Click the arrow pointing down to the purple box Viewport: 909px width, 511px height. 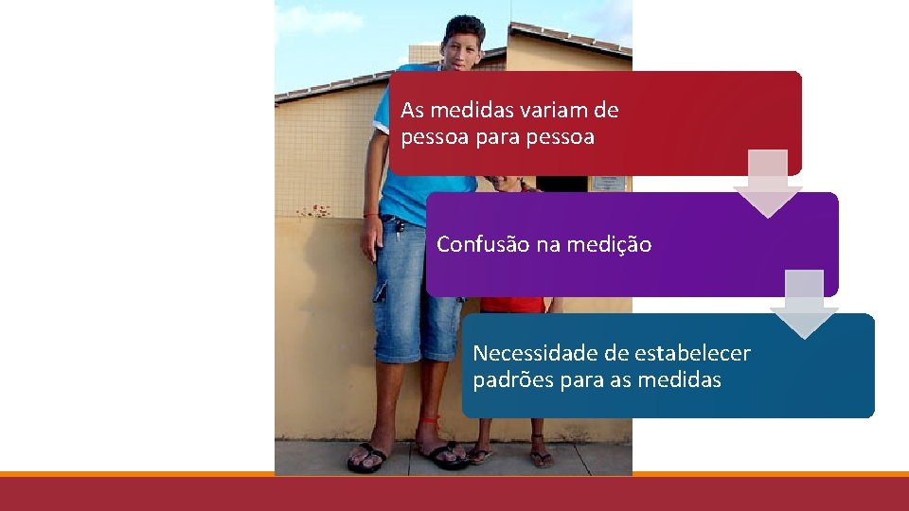tap(767, 184)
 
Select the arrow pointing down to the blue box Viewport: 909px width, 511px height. tap(804, 305)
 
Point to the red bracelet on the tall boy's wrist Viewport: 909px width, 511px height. tap(370, 215)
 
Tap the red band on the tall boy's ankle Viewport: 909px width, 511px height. tap(430, 419)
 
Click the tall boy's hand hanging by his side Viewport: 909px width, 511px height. tap(371, 240)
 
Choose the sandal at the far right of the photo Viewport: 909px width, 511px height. tap(541, 458)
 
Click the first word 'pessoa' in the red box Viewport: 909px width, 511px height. tap(433, 137)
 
